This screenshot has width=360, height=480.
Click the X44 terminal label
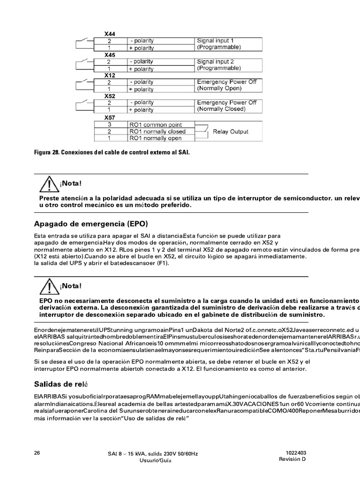tap(110, 34)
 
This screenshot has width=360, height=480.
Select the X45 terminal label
tap(110, 55)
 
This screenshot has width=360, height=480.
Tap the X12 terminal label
tap(110, 75)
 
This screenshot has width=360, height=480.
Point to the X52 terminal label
tap(110, 96)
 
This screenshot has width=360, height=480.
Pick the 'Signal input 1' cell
tap(215, 41)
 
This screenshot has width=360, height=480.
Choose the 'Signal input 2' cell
tap(215, 61)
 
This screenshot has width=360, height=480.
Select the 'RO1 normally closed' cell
tap(157, 132)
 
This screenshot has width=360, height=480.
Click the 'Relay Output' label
tap(231, 132)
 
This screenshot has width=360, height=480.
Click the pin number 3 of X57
tap(109, 125)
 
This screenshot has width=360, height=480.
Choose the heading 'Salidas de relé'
tap(61, 384)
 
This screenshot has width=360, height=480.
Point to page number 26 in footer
tap(37, 453)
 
